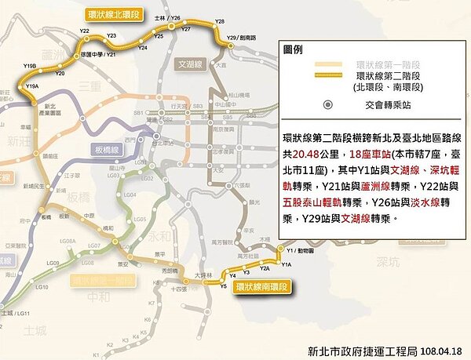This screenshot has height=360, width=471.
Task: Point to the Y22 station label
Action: pos(84,31)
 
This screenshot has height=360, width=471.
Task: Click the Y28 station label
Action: pos(219,21)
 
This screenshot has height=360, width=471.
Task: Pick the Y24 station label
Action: pos(143,48)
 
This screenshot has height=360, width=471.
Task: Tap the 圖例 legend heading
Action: pos(293,49)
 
